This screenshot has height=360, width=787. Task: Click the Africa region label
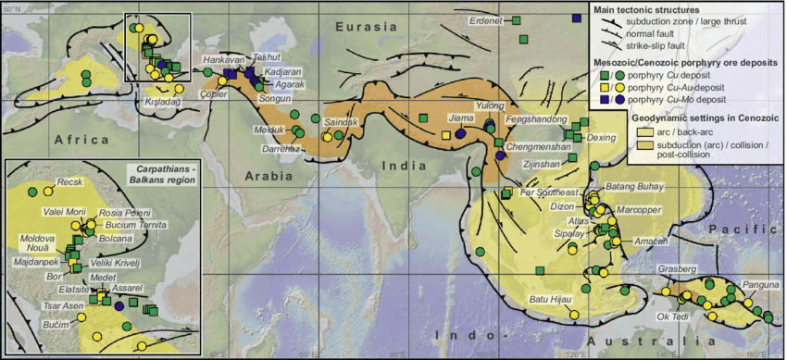[x=81, y=139]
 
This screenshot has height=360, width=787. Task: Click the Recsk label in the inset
[x=70, y=182]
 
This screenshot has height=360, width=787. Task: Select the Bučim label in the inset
[x=56, y=325]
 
